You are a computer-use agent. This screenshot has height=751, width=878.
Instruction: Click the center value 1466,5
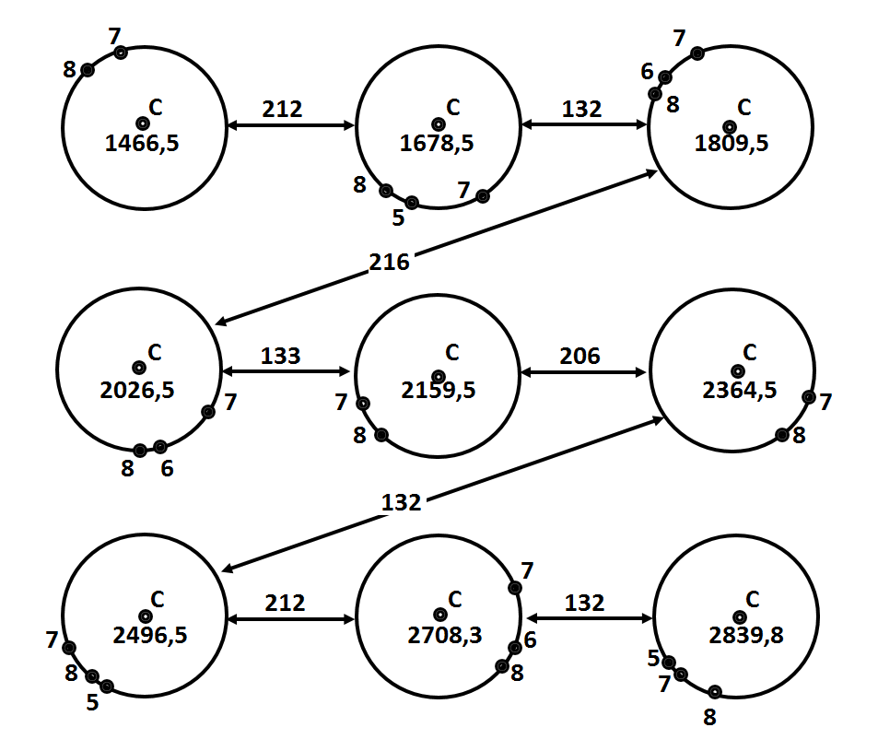(142, 144)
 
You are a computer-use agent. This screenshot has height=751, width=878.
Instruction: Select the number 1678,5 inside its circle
(436, 144)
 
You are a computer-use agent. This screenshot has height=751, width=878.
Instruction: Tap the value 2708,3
(445, 636)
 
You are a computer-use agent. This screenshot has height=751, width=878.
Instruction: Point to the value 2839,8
(746, 636)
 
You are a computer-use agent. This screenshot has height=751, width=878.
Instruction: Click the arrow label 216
(389, 262)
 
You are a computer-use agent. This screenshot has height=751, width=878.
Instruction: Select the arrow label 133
(280, 357)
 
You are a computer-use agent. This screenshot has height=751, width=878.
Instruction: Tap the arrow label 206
(579, 357)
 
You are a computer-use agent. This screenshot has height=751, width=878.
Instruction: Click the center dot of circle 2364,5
(738, 371)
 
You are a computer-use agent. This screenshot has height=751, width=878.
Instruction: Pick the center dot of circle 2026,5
(139, 368)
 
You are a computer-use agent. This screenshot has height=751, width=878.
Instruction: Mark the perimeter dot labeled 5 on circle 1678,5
(412, 203)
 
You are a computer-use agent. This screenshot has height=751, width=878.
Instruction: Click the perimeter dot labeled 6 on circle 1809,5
(664, 77)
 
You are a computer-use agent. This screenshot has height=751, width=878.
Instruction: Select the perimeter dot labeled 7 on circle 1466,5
(121, 53)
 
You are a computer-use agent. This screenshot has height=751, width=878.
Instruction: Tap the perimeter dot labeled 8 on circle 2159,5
(381, 435)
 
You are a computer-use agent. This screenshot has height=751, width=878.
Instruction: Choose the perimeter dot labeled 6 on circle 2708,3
(515, 648)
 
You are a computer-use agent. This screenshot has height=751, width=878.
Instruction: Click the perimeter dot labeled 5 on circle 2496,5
(107, 686)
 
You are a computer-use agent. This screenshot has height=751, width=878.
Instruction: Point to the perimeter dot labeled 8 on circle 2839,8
(715, 692)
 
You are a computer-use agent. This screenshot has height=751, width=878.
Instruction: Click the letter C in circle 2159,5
(452, 353)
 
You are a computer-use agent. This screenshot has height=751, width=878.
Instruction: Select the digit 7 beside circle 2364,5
(825, 402)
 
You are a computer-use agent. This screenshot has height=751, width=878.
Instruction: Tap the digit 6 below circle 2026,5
(167, 469)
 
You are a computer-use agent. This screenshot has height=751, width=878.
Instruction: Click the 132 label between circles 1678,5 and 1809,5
(581, 110)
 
